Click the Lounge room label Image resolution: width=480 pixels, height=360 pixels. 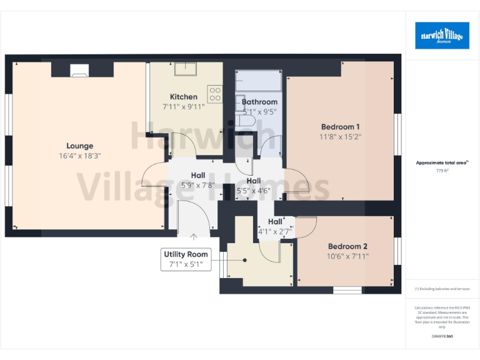(79, 146)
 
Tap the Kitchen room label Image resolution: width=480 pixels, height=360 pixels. (184, 97)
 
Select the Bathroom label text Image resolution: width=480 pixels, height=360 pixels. (259, 102)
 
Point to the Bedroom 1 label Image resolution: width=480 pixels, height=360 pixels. (340, 127)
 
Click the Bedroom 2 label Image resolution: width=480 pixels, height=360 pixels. (347, 246)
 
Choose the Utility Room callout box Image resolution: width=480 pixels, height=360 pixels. (186, 259)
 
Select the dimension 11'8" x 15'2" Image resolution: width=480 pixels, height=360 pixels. (340, 136)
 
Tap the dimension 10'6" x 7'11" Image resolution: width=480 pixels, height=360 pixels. (347, 256)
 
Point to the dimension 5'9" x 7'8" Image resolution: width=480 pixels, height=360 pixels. (197, 185)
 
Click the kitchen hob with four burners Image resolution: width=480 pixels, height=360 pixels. (215, 94)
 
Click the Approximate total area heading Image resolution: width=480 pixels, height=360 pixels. (441, 162)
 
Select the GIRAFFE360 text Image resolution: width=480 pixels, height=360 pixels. (442, 336)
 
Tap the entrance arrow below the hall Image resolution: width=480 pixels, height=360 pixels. (194, 236)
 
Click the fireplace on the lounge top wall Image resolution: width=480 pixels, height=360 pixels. (79, 69)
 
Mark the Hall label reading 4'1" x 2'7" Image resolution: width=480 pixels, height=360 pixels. (275, 226)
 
